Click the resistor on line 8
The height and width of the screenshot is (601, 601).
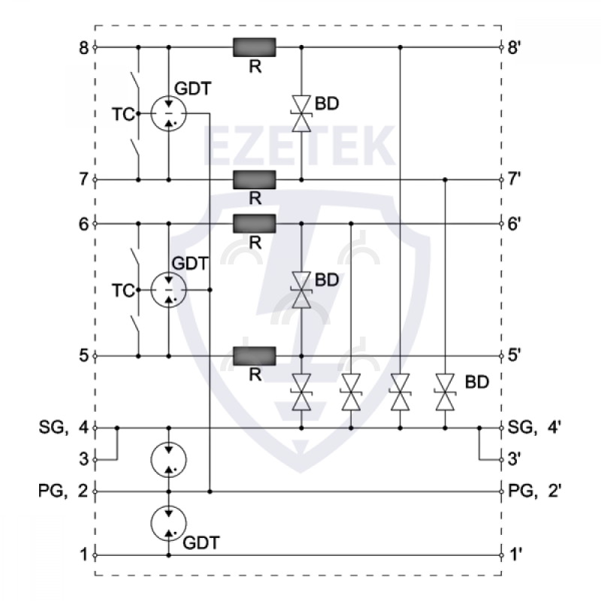coord(255,47)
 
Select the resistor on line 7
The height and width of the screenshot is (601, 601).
coord(255,180)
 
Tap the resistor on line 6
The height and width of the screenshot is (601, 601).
coord(255,223)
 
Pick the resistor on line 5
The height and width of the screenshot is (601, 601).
coord(255,355)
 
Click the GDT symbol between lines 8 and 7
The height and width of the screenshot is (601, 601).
coord(168,113)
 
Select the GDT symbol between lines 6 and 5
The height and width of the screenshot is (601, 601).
coord(168,289)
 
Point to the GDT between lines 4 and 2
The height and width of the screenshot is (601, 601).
coord(168,460)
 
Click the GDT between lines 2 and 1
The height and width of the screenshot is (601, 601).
coord(168,523)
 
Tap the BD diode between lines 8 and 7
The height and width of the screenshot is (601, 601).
coord(301,113)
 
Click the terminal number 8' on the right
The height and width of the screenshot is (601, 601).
coord(515,47)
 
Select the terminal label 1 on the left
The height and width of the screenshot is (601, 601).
coord(84,555)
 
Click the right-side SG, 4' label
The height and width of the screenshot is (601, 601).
coord(535,427)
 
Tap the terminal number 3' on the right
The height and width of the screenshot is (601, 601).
coord(515,459)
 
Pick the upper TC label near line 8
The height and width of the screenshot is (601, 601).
coord(122,114)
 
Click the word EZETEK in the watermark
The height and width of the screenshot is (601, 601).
coord(300,146)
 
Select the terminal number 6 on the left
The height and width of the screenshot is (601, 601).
coord(84,223)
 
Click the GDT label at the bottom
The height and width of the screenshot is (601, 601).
coord(202,541)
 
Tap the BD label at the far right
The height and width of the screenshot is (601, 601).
coord(477,382)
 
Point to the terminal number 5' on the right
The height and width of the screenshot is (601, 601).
coord(515,355)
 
